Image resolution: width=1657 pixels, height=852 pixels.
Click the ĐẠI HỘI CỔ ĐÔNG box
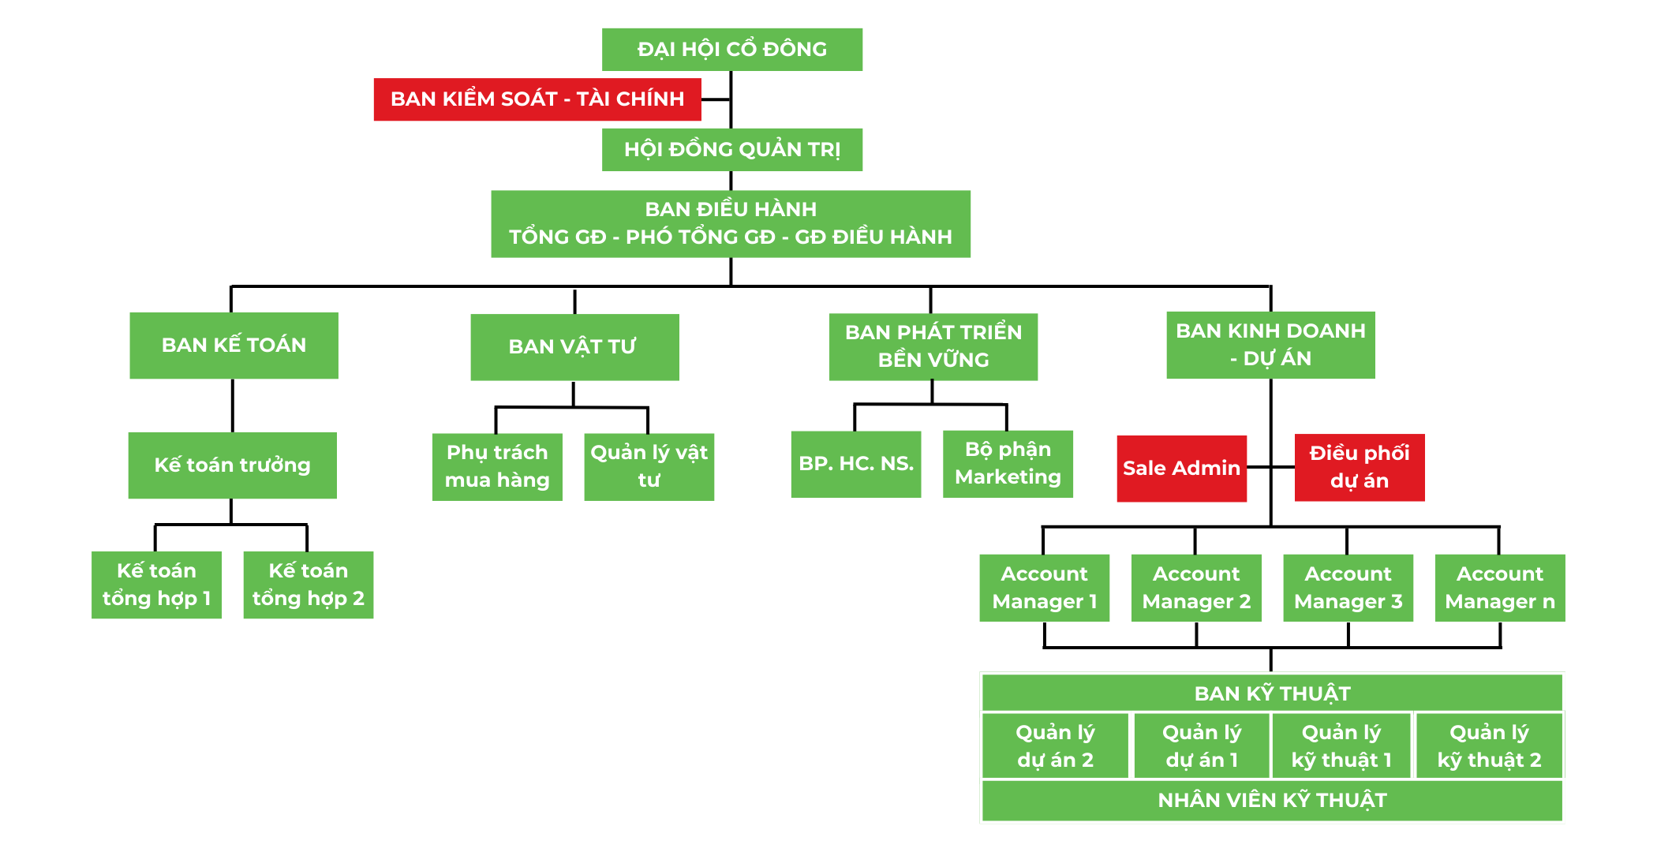pos(731,50)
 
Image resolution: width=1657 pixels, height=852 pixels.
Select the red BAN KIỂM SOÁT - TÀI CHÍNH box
pos(537,99)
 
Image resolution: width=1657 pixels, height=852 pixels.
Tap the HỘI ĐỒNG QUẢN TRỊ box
pos(731,150)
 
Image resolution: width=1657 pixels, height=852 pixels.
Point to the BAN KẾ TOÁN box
pos(234,346)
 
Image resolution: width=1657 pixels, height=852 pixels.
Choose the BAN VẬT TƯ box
pos(574,347)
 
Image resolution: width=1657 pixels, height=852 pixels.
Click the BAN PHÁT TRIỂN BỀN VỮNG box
pos(933,346)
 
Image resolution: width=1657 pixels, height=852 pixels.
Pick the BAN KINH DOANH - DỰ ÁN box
pos(1270,345)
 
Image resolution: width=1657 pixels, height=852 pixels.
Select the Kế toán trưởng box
pos(232,465)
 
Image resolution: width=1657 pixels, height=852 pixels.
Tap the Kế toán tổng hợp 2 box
pos(308,585)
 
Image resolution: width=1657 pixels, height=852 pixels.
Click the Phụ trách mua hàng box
pos(497,466)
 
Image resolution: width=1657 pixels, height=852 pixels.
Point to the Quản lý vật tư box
pos(649,466)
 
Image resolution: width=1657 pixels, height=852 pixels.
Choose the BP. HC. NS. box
pos(855,464)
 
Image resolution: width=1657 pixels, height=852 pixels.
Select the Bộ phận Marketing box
pos(1008,464)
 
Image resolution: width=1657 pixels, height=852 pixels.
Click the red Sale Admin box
pos(1181,469)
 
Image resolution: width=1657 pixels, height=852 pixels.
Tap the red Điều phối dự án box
pos(1359,467)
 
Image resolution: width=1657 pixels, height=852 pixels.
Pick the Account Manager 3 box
pos(1348,588)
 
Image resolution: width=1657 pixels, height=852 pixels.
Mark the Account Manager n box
pos(1499,588)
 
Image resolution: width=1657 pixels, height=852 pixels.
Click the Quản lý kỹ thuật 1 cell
pos(1341,746)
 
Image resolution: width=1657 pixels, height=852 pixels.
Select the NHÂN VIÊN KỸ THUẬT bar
pos(1272,801)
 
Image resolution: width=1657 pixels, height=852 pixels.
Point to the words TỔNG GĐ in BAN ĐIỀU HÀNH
pos(557,237)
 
